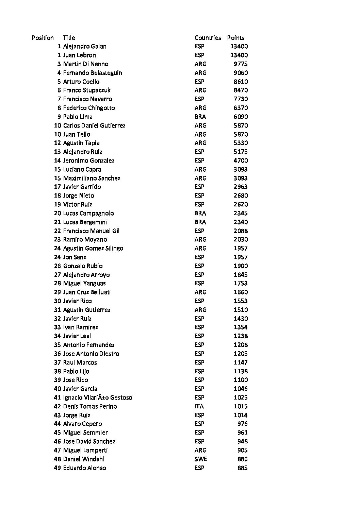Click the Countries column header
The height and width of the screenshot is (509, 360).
tap(208, 38)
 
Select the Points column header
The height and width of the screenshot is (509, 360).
tap(235, 38)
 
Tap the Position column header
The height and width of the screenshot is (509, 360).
tap(43, 38)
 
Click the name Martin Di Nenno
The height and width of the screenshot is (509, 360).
tap(86, 64)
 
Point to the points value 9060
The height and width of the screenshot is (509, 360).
tap(241, 73)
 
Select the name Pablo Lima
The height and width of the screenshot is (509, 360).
tap(78, 117)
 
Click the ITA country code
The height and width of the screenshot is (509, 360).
tap(199, 406)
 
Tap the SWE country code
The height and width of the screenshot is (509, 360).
tap(200, 459)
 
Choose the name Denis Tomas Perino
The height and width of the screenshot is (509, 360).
tap(90, 406)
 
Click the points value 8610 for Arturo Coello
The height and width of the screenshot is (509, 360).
tap(241, 82)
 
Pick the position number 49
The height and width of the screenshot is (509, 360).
tap(57, 468)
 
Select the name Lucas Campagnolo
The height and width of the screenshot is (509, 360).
tap(88, 213)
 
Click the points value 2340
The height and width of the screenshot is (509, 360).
tap(241, 222)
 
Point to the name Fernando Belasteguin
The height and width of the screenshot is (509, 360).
tap(93, 73)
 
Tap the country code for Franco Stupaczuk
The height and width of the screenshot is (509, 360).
tap(200, 90)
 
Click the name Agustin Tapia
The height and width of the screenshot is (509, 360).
tap(81, 143)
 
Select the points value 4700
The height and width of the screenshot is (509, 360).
tap(241, 160)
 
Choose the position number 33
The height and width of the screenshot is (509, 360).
tap(57, 327)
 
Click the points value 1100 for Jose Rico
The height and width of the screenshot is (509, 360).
tap(241, 380)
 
